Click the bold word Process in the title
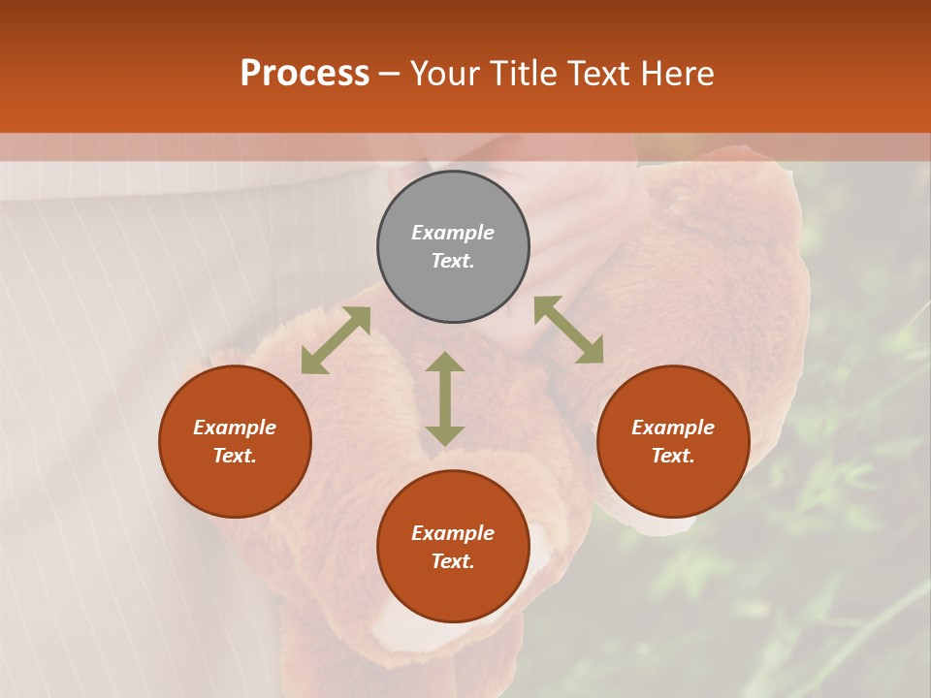[x=305, y=74]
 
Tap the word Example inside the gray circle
[x=453, y=233]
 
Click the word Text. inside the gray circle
[x=453, y=261]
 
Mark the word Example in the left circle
[x=235, y=428]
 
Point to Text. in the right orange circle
[x=673, y=456]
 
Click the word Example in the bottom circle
[x=453, y=533]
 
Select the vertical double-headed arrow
[x=445, y=398]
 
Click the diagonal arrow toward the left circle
[x=336, y=340]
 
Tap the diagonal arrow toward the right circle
[x=568, y=330]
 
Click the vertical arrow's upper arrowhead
[x=445, y=363]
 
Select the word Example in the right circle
[x=673, y=428]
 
